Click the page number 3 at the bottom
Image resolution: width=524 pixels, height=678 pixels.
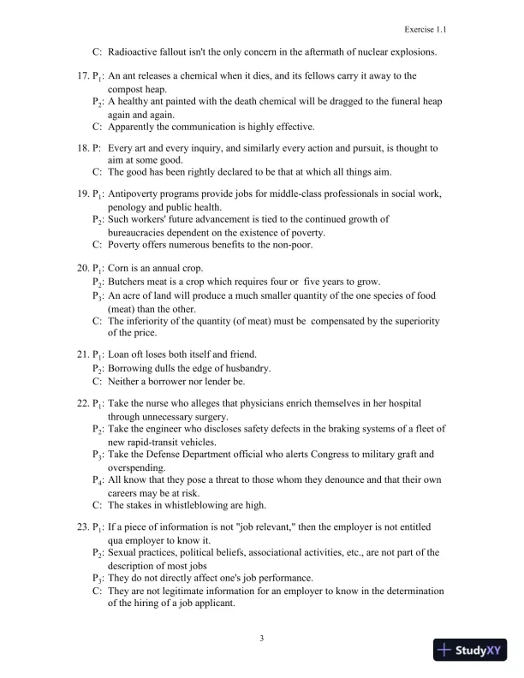click(262, 637)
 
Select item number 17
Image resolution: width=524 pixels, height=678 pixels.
click(73, 76)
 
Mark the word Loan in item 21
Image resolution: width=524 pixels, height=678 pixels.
click(121, 354)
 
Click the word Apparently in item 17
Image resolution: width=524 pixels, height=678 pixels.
click(134, 126)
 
